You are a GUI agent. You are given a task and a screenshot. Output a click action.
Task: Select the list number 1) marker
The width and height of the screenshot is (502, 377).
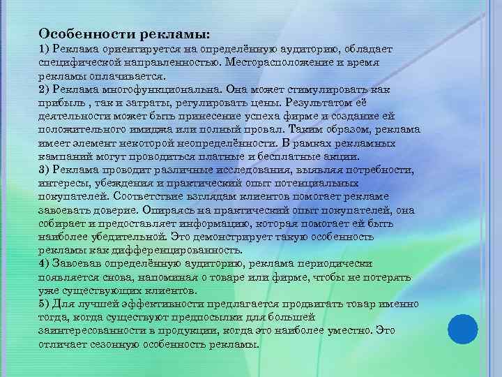tap(43, 50)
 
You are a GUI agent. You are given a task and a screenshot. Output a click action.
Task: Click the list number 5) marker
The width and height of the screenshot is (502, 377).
tap(43, 305)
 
